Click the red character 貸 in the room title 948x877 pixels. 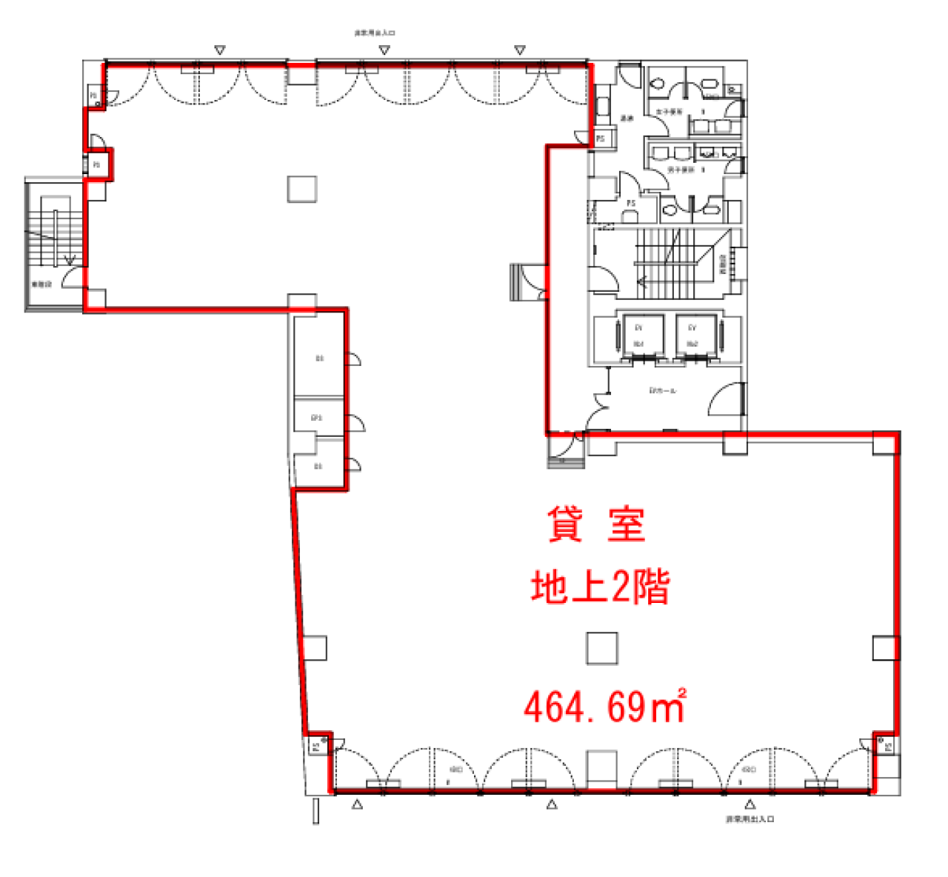565,524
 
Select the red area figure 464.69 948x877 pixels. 584,707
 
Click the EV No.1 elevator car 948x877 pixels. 638,336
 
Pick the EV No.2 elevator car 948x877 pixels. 692,336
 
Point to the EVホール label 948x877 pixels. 662,390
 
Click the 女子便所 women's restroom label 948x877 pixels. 669,112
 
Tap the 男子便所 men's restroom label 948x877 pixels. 681,170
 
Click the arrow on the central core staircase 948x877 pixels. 642,281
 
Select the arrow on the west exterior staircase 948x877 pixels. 70,259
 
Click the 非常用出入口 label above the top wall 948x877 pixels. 375,33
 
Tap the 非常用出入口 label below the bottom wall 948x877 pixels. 750,819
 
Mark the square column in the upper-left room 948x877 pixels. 302,189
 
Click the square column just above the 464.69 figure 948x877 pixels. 602,648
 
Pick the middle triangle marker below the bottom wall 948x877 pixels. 552,804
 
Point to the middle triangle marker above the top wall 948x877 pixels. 384,50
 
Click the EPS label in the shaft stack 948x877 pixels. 317,419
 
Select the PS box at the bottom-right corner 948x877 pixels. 887,746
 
